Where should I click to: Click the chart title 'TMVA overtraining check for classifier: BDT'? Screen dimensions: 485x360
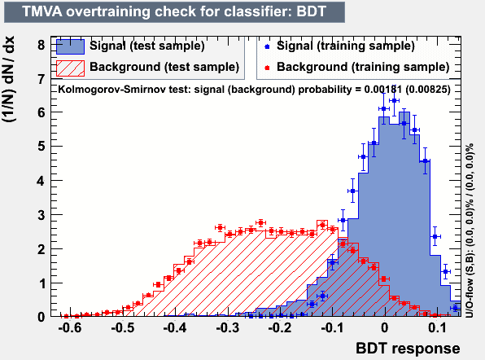tap(174, 11)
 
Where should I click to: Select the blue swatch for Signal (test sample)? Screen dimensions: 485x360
tap(70, 46)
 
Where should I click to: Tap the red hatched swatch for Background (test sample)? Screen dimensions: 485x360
tap(70, 68)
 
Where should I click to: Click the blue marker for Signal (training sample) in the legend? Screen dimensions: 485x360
tap(267, 46)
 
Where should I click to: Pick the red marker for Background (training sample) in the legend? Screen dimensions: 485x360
tap(267, 68)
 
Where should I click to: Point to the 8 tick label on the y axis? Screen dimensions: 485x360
tap(42, 45)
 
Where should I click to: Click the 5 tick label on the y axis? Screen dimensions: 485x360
tap(42, 146)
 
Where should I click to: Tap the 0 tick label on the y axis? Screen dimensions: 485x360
tap(42, 317)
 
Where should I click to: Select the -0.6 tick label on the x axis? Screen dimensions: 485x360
tap(70, 327)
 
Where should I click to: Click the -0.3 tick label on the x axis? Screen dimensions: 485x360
tap(227, 327)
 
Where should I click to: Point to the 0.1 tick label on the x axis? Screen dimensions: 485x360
tap(437, 327)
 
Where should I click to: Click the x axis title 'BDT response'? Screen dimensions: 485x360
tap(408, 349)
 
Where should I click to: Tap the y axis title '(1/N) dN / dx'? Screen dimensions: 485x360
tap(9, 79)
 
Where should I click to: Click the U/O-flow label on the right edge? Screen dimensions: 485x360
tap(470, 230)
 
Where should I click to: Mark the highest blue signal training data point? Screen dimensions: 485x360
tap(394, 100)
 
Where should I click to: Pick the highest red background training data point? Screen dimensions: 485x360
tap(260, 222)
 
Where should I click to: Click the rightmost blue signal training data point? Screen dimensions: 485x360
tap(456, 308)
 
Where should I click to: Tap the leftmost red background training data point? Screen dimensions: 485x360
tap(66, 316)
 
